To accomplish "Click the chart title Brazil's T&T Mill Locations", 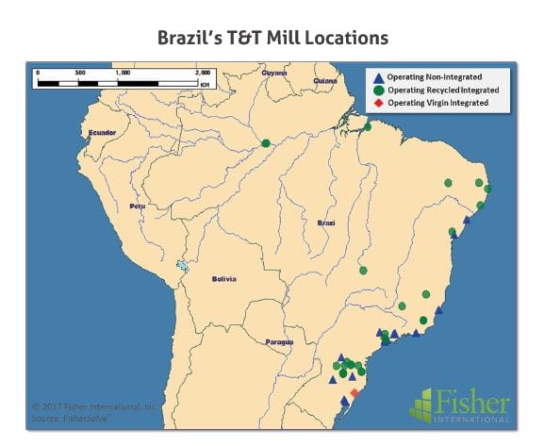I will tap(272, 38).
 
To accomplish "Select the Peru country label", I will tap(138, 206).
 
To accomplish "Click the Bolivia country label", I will tap(223, 279).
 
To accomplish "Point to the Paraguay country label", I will tap(279, 341).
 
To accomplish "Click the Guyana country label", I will tap(274, 73).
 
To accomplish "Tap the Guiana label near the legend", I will tap(325, 81).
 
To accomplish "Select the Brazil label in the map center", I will tap(326, 223).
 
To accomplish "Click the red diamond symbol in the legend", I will tap(378, 102).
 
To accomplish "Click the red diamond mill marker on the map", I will tap(354, 392).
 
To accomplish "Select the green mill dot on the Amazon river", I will tap(267, 143).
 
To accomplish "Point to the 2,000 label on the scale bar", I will tap(203, 72).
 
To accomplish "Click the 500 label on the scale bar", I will tap(79, 72).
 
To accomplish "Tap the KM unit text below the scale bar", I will tap(204, 85).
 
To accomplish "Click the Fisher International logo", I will tap(460, 406).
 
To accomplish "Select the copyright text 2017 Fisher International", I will tap(94, 406).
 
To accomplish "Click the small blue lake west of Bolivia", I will tap(182, 267).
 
